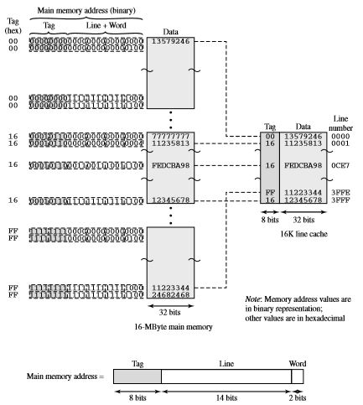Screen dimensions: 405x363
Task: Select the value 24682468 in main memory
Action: (x=171, y=295)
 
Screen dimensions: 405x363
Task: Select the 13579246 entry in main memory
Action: (x=171, y=39)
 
